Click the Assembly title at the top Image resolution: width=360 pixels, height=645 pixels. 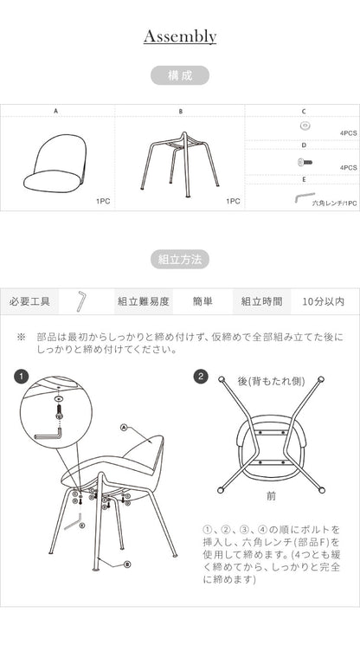coord(180,36)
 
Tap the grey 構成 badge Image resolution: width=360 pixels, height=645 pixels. coord(179,75)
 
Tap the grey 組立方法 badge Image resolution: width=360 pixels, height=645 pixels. coord(179,259)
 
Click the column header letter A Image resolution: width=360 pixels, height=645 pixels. coord(55,112)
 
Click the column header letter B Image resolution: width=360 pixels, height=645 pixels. coord(180,112)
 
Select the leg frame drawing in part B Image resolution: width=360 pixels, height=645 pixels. coord(181,161)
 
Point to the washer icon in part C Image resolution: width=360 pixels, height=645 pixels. coord(304,126)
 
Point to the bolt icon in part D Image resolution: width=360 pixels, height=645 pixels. coord(304,161)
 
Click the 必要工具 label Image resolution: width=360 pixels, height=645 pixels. coord(29,301)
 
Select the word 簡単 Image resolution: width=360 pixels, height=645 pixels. coord(202,301)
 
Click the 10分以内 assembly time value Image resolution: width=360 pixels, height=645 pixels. coord(324,301)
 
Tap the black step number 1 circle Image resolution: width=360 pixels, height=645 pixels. coord(22,377)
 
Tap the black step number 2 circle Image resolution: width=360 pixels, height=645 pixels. coord(201,377)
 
